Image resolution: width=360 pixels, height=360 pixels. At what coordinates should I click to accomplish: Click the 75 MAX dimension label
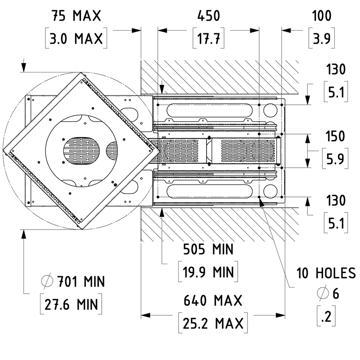(76, 16)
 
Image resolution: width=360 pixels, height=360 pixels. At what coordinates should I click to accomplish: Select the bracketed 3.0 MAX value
(76, 38)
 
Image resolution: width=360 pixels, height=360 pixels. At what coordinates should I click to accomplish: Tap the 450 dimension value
(208, 16)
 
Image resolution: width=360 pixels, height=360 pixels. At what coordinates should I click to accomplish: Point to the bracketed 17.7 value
(208, 38)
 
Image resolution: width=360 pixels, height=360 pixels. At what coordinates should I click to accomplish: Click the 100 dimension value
(321, 16)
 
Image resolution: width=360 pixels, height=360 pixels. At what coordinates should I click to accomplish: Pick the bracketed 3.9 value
(321, 38)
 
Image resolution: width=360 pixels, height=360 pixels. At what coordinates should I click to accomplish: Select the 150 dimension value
(335, 136)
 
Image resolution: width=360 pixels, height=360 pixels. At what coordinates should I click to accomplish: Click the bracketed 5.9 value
(335, 159)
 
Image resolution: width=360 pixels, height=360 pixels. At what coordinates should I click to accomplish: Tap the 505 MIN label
(208, 249)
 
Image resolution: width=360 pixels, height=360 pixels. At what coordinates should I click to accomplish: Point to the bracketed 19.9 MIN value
(208, 272)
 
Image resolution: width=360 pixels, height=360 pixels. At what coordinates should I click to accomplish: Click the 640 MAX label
(213, 301)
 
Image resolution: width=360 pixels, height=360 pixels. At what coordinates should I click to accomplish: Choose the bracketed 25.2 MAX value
(213, 323)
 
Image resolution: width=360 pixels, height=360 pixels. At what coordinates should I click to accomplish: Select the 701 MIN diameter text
(81, 282)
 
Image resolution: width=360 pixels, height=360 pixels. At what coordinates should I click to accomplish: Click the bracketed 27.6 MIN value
(71, 304)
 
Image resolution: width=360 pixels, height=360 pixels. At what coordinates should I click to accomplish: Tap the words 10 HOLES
(326, 273)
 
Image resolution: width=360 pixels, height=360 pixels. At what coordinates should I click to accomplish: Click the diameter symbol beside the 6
(323, 293)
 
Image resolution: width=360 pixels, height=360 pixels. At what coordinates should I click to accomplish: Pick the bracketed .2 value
(326, 316)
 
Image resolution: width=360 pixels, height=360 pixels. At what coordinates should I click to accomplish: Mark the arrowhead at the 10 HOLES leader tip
(261, 202)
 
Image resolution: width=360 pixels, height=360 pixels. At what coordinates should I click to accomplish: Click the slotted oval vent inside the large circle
(82, 151)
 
